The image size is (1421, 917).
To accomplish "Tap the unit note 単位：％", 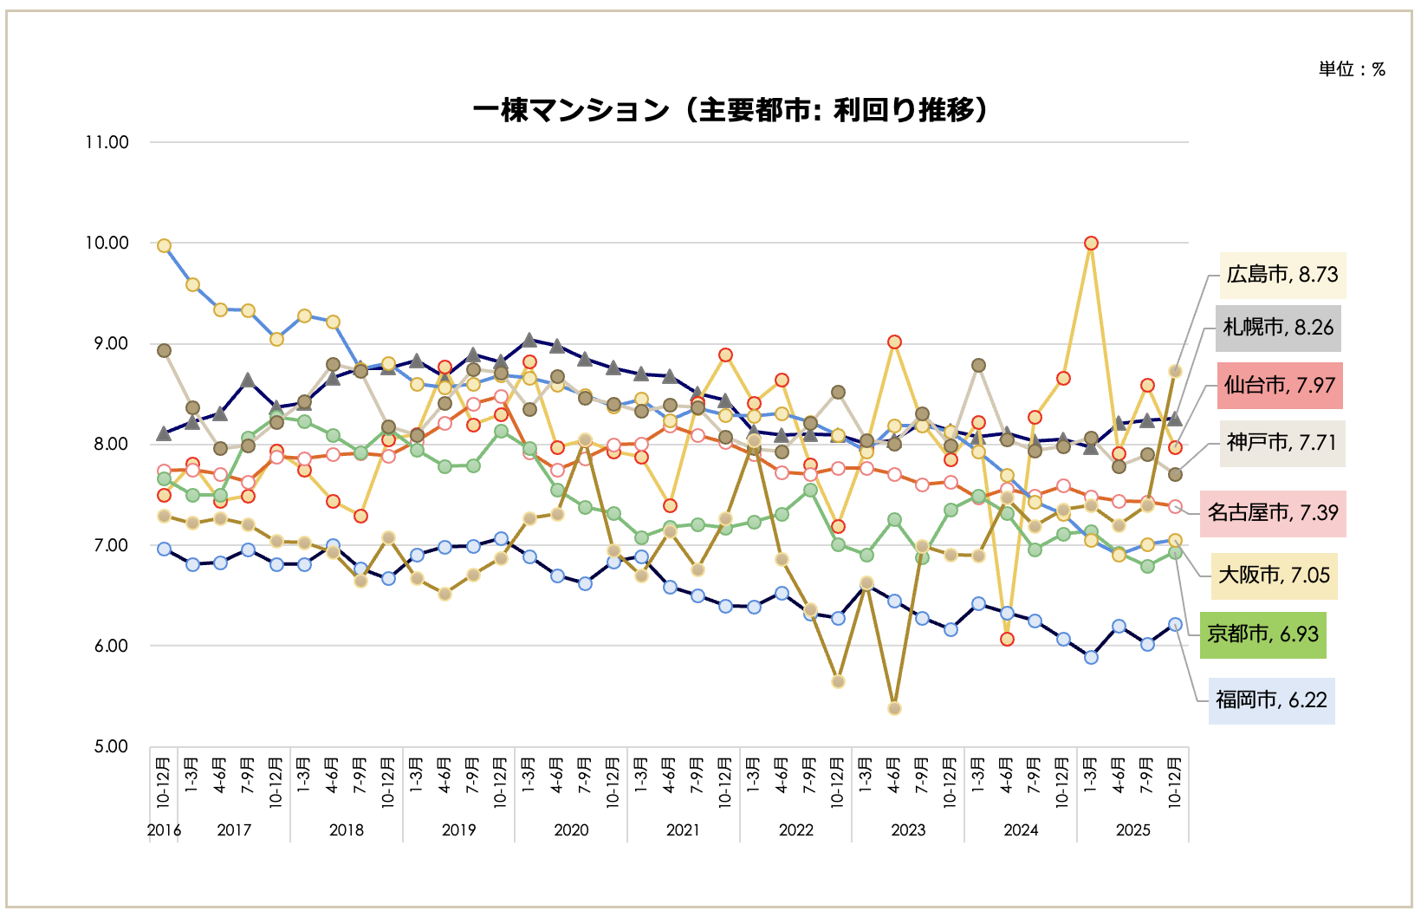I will pos(1351,69).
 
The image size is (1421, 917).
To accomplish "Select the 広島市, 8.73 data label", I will pos(1281,275).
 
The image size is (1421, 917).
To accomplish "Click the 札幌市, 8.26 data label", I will pos(1278,328).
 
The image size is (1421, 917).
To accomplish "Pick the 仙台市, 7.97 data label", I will pos(1279,385).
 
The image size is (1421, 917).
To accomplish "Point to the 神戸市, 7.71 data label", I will pos(1281,443).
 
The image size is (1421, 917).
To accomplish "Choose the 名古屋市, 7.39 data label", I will pos(1273,512).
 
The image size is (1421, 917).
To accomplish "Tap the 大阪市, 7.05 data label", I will pos(1274,576).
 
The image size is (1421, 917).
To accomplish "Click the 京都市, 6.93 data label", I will pos(1262,634).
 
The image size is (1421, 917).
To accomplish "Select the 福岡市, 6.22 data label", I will pos(1271,700).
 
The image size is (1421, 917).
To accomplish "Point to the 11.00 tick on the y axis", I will pos(107,142).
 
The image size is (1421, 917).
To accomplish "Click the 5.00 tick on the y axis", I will pos(111,746).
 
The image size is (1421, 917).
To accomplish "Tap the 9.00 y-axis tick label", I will pos(111,344).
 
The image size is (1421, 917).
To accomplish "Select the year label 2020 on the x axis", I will pos(571,830).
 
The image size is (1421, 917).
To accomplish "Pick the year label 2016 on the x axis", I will pos(164,830).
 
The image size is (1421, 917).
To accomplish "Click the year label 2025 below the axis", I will pos(1132,830).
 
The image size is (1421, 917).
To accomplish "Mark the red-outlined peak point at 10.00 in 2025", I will pos(1091,244).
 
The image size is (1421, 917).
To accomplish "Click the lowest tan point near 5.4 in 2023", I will pos(894,708).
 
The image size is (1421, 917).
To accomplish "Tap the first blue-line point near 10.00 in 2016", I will pos(164,246).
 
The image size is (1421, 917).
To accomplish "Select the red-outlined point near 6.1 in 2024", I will pos(1007,639).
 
